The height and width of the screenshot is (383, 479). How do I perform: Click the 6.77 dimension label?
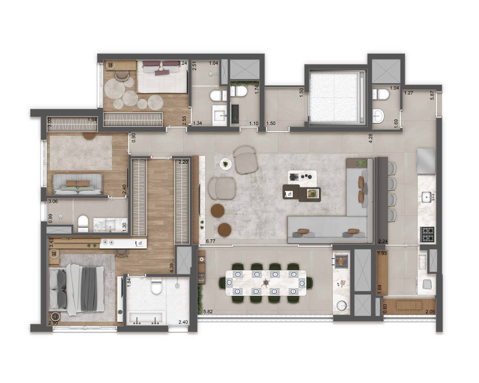(x=210, y=241)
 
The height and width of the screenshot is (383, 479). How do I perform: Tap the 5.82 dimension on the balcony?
(x=208, y=312)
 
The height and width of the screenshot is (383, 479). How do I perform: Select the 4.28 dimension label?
(x=370, y=138)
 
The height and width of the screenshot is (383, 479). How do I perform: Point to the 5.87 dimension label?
(x=432, y=95)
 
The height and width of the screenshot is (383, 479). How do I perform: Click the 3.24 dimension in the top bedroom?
(x=182, y=63)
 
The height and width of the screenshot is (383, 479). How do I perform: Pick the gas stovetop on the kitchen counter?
(x=427, y=235)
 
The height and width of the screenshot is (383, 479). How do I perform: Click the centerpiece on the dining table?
(x=266, y=283)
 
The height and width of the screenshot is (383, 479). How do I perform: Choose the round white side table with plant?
(x=226, y=164)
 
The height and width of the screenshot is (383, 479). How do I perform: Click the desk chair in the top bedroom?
(x=122, y=76)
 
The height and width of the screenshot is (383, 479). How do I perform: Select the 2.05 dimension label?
(x=430, y=312)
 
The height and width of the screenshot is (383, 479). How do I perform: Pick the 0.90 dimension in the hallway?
(x=133, y=138)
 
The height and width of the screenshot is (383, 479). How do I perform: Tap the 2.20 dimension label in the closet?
(x=183, y=162)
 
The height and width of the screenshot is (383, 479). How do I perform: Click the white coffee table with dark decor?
(x=302, y=177)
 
